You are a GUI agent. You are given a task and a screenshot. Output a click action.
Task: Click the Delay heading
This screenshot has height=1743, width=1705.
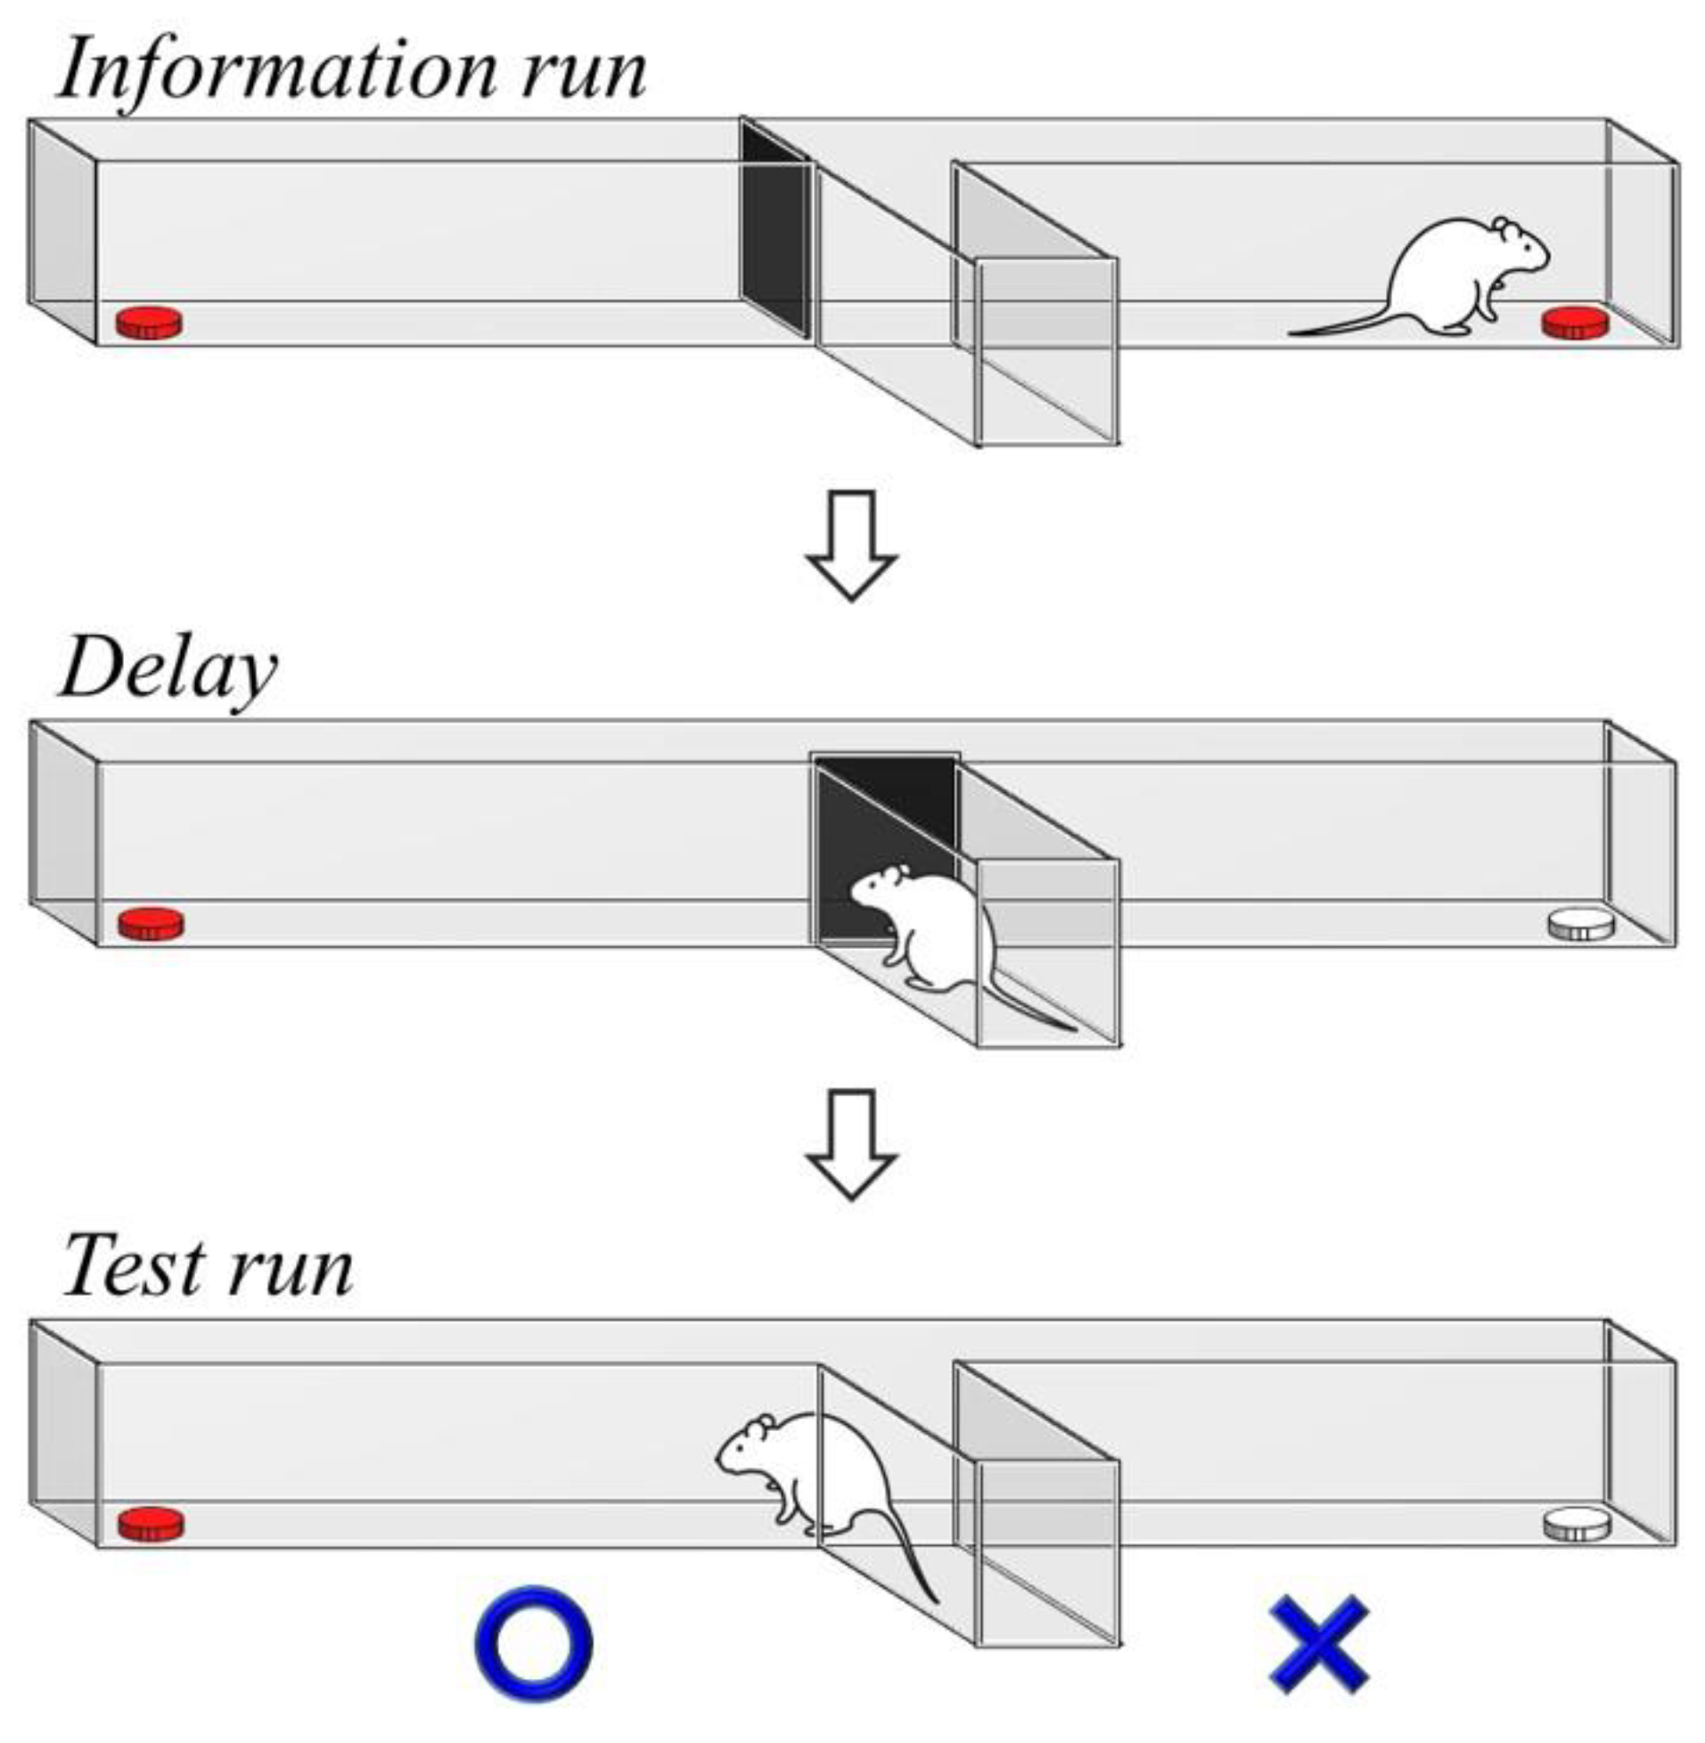(x=168, y=669)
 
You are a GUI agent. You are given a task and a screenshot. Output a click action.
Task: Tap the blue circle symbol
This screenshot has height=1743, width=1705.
(x=534, y=1642)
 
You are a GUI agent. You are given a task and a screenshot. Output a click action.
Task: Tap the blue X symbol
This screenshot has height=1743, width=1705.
(x=1319, y=1642)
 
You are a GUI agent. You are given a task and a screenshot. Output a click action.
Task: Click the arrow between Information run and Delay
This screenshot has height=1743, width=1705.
(x=851, y=544)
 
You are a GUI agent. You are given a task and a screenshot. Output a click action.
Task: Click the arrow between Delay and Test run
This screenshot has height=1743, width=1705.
(x=851, y=1143)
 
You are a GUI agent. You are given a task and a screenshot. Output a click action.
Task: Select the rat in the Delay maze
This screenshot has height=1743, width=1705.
(x=931, y=931)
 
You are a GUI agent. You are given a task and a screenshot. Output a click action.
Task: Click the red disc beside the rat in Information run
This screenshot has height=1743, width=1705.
(x=1573, y=323)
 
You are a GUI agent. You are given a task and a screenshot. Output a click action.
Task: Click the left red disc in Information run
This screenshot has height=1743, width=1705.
(x=150, y=323)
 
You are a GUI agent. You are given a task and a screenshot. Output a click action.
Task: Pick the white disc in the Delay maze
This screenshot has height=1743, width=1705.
(x=1580, y=923)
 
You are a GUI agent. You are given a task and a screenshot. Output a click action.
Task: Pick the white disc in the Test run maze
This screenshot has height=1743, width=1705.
(x=1577, y=1523)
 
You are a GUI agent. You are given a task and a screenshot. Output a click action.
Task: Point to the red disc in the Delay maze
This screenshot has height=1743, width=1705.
(x=152, y=923)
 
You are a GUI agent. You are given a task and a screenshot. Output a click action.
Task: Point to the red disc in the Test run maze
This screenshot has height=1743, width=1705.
(x=152, y=1523)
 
